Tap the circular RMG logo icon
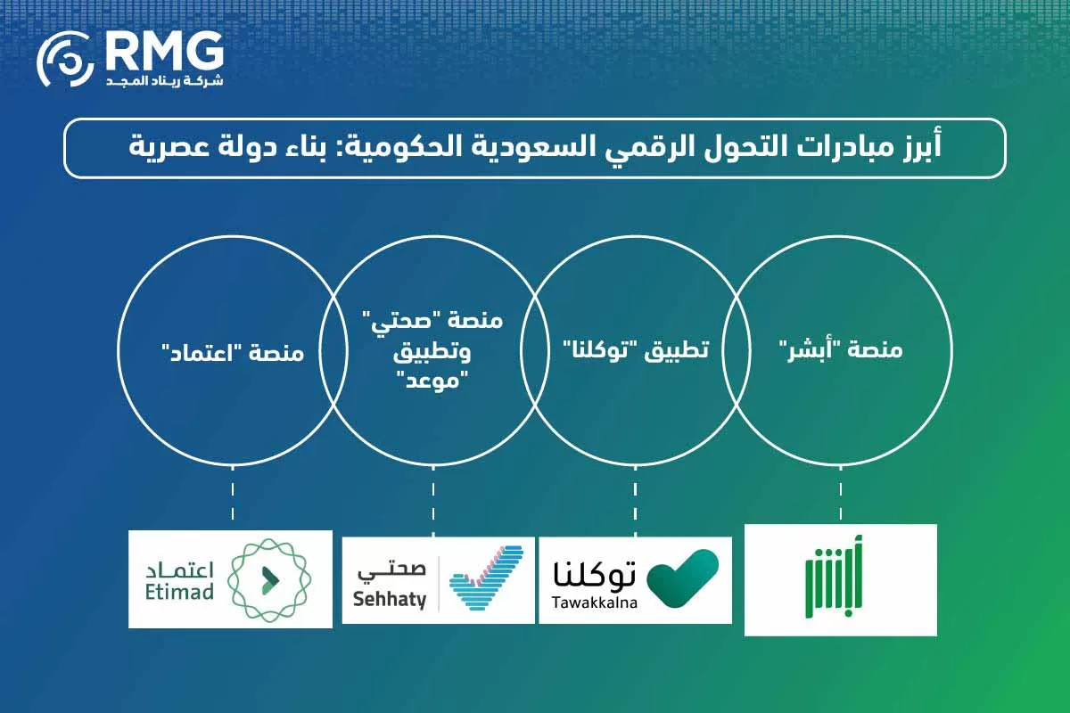65,61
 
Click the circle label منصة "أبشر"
840,351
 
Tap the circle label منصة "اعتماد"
232,353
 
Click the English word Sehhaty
390,599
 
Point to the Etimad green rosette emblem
267,579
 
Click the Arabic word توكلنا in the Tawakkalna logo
595,573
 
